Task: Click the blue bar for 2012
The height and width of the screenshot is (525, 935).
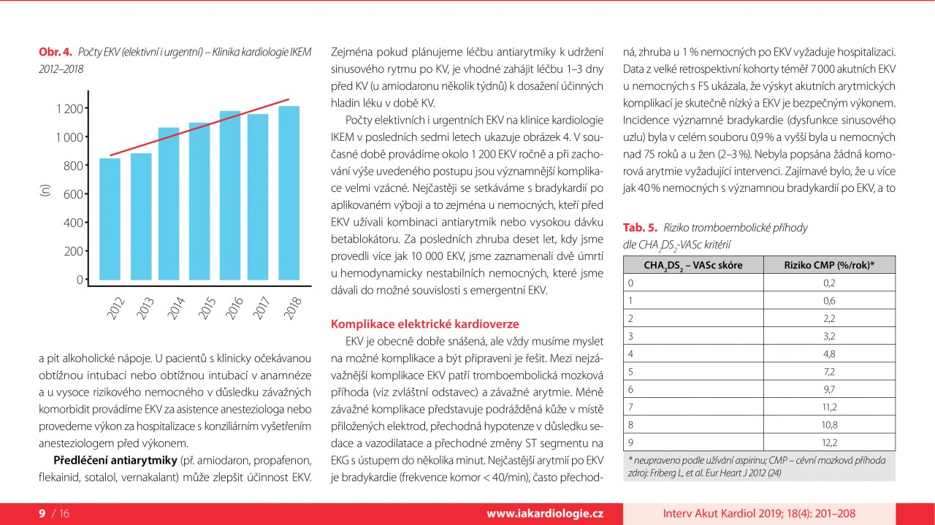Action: coord(110,219)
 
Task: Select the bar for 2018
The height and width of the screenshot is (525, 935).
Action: coord(289,193)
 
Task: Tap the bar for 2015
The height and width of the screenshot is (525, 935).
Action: coord(199,202)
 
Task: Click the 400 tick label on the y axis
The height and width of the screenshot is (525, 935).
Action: coord(73,223)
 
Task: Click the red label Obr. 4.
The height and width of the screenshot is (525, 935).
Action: coord(56,53)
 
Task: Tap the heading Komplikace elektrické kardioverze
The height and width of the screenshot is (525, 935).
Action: coord(426,323)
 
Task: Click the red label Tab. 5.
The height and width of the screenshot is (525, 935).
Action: coord(640,228)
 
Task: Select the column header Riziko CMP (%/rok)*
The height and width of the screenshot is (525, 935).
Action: coord(829,265)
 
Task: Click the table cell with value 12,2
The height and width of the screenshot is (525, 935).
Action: coord(829,442)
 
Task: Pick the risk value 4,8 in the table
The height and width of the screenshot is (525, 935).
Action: coord(829,353)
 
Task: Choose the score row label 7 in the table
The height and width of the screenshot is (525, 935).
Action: coord(631,407)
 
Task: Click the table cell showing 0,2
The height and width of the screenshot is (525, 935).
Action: coord(829,283)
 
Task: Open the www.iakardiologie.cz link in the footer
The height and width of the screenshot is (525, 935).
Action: coord(545,514)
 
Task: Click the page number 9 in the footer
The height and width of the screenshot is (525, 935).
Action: coord(42,514)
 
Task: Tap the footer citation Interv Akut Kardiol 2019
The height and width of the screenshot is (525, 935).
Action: coord(760,514)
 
